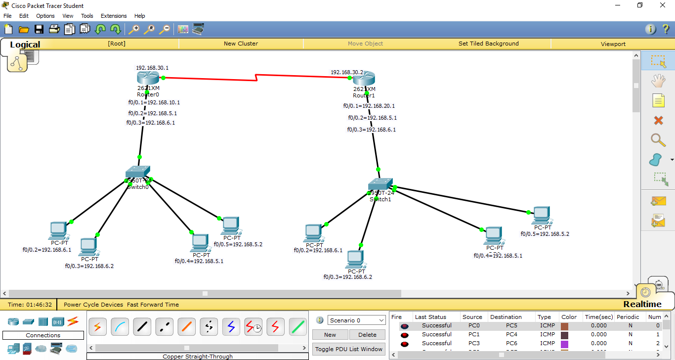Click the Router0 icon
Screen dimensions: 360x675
(148, 78)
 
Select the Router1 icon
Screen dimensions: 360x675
(364, 79)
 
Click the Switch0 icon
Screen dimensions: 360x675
(138, 173)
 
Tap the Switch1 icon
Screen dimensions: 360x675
(380, 184)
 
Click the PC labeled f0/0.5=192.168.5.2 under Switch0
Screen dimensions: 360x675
(230, 225)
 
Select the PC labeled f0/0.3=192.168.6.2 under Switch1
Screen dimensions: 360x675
(355, 259)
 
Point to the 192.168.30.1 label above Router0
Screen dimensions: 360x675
(156, 68)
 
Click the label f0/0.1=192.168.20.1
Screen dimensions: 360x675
(369, 106)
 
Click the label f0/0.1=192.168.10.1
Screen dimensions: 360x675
(154, 103)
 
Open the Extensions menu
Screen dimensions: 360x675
(114, 16)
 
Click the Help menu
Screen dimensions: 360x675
(140, 16)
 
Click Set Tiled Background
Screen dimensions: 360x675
(488, 44)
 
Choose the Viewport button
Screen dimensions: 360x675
(613, 44)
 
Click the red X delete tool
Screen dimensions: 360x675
(658, 120)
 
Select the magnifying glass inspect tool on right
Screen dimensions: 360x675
(658, 140)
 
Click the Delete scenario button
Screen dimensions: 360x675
(367, 335)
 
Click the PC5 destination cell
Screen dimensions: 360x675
(511, 326)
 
